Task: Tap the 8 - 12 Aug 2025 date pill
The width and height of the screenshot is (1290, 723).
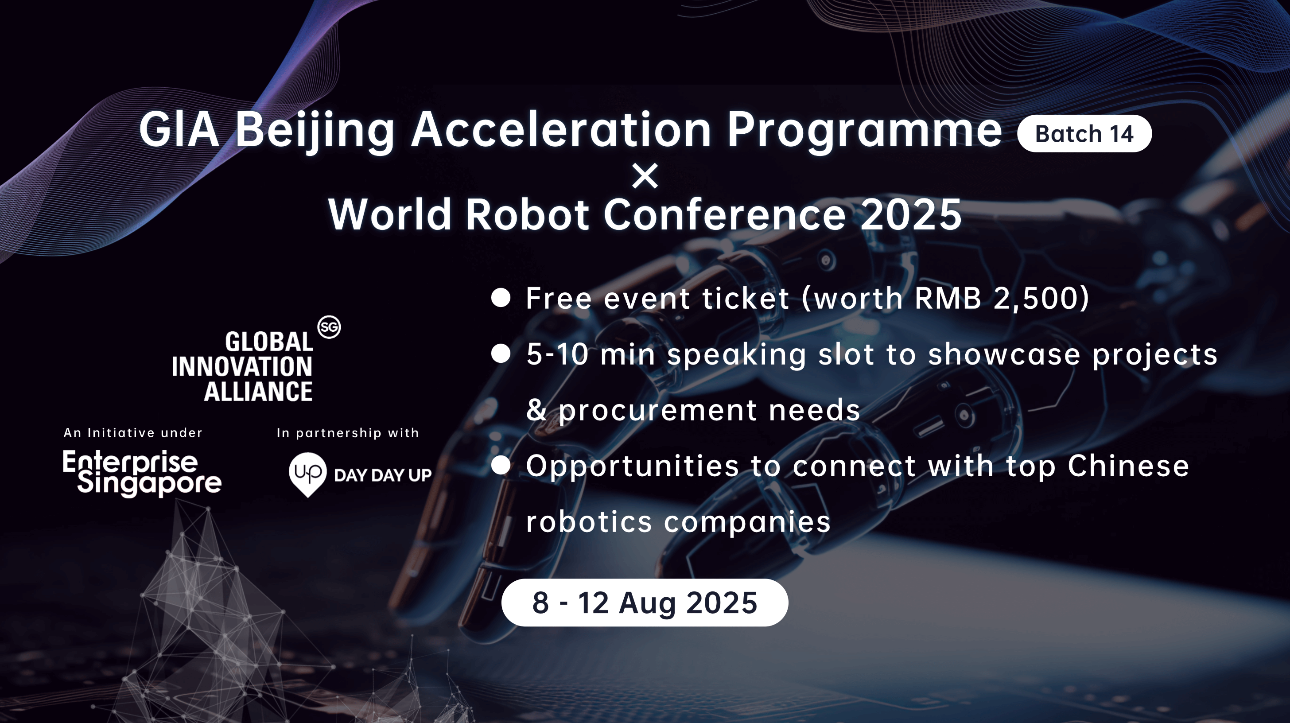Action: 645,602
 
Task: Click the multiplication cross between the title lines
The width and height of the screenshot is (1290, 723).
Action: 645,176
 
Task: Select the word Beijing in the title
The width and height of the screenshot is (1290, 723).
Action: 315,132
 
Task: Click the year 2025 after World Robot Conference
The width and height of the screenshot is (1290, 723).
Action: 910,215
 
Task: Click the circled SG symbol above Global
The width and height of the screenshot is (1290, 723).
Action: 329,327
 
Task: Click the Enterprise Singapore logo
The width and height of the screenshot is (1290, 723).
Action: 142,473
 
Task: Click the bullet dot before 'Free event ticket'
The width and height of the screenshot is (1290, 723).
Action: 501,297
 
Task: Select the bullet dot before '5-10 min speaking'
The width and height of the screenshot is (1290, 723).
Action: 501,354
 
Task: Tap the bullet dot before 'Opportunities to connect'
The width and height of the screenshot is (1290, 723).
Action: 501,465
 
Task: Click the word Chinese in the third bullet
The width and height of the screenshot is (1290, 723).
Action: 1128,466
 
